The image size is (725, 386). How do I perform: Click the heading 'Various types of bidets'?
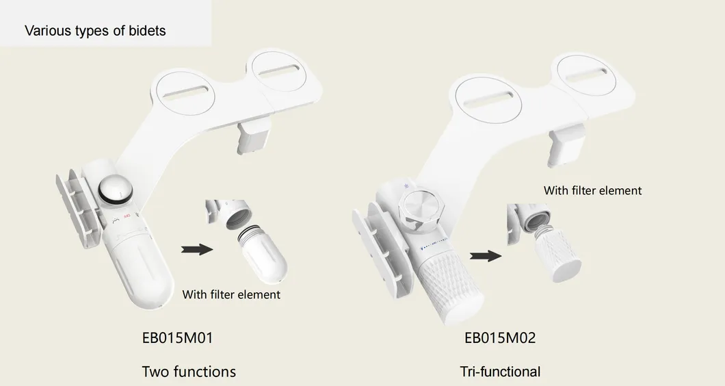pos(95,31)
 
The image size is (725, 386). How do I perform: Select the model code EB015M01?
pos(181,337)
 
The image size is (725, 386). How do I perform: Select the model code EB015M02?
pos(500,337)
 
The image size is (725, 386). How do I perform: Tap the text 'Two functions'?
pos(189,372)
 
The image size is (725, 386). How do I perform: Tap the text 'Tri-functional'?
pos(500,372)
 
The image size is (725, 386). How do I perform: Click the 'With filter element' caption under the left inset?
pos(231,294)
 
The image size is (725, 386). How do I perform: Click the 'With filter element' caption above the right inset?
pos(593,190)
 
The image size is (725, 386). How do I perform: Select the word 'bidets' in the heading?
pos(147,31)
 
